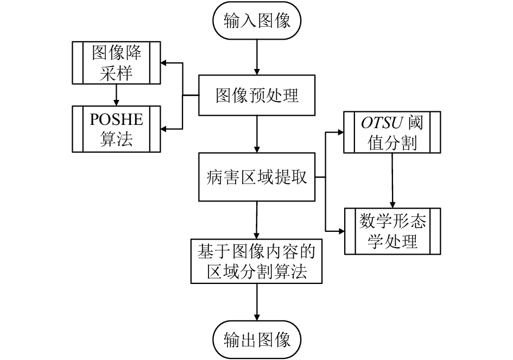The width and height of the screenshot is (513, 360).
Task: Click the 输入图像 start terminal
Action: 257,20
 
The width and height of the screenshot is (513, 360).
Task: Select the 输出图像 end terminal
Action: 257,340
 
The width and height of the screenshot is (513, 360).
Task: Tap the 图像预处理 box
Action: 257,95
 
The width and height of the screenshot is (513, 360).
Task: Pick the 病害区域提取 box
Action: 257,176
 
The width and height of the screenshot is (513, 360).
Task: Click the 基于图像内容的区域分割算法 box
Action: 256,261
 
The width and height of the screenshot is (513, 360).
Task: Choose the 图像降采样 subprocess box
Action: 116,62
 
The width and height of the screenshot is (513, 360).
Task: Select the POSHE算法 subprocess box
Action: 116,129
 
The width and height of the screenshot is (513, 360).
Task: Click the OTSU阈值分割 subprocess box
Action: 392,132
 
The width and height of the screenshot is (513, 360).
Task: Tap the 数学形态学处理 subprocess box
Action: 392,231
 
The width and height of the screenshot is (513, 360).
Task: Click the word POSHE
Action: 117,119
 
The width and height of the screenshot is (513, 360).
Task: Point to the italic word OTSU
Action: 382,123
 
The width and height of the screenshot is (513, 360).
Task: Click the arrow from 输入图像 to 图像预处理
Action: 257,57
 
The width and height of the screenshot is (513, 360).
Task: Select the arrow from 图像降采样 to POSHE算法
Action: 116,95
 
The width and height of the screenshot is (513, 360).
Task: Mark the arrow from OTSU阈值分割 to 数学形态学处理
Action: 392,180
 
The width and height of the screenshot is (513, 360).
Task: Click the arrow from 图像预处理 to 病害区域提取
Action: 257,134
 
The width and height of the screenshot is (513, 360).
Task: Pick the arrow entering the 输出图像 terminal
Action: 257,302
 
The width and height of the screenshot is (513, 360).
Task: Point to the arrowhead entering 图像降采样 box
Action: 163,63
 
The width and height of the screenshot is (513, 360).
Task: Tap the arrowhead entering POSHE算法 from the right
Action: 163,129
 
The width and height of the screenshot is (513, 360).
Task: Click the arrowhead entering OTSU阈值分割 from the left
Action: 340,132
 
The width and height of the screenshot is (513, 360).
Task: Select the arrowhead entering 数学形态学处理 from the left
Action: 341,231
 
